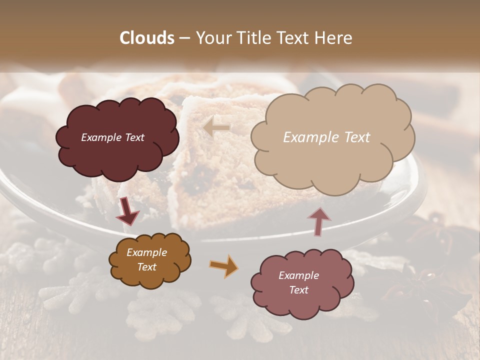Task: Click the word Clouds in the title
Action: click(147, 38)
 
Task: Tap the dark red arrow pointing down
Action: click(127, 211)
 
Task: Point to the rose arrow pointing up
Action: click(318, 220)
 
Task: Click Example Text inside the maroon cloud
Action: click(112, 137)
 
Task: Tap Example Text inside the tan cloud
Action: click(326, 137)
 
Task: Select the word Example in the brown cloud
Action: click(146, 252)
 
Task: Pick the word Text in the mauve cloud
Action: click(298, 290)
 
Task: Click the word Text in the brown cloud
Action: click(146, 267)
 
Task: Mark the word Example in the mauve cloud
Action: click(298, 275)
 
